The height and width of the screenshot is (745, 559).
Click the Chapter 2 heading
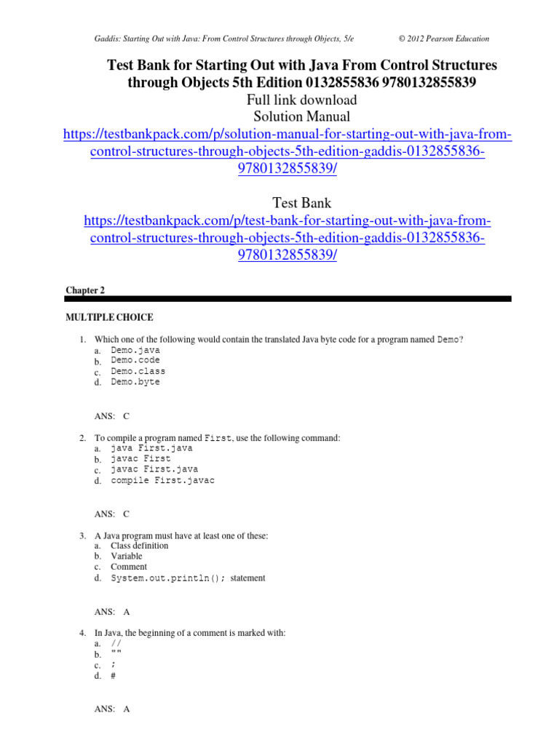point(85,290)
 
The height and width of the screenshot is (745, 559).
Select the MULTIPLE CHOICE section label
point(109,317)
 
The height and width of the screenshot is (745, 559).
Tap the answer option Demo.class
point(138,371)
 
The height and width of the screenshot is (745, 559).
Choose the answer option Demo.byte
point(135,382)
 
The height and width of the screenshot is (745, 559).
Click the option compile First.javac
point(162,480)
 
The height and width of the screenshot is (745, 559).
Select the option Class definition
point(139,546)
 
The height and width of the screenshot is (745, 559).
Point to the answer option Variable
point(127,557)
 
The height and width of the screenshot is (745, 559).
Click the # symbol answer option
point(114,676)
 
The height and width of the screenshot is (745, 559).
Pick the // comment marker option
point(116,644)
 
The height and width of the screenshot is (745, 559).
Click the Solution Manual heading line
point(301,116)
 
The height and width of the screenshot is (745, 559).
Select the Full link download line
point(301,100)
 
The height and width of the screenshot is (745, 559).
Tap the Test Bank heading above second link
point(301,203)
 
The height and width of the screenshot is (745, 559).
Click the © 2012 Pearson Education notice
point(444,39)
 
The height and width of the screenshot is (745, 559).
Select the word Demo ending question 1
point(448,340)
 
